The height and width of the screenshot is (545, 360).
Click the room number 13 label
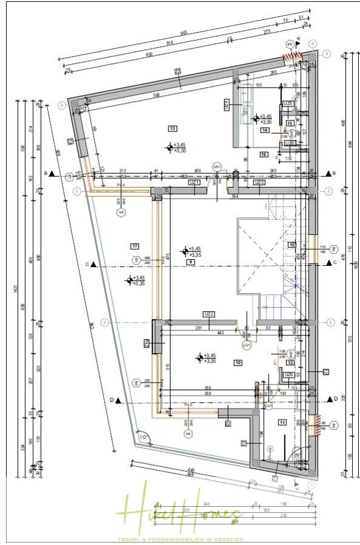[x=172, y=128]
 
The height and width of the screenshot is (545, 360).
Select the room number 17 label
[x=135, y=245]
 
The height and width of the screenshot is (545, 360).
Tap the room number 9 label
[x=190, y=262]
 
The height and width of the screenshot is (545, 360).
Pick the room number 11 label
[x=281, y=422]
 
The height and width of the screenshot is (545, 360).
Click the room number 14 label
[x=265, y=130]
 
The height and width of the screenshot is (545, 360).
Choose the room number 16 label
[x=264, y=154]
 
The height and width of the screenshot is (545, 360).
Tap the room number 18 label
[x=292, y=245]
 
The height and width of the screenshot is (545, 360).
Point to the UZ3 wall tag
[x=259, y=182]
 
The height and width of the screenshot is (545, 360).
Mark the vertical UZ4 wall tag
[x=226, y=105]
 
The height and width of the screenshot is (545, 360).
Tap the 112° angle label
[x=143, y=437]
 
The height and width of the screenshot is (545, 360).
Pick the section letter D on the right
[x=335, y=399]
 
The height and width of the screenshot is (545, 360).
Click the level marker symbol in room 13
[x=170, y=147]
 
